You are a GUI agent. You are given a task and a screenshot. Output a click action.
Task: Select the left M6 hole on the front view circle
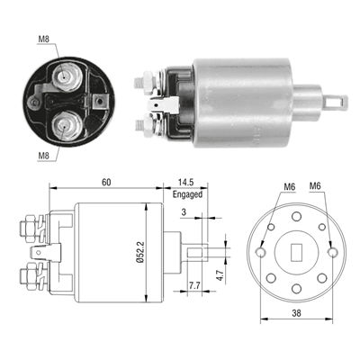click(x=260, y=253)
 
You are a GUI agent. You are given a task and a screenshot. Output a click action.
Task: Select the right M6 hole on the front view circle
click(x=332, y=253)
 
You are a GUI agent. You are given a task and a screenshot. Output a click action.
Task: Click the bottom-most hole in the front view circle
click(x=296, y=289)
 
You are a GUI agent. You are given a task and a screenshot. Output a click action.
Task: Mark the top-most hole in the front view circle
click(x=296, y=216)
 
